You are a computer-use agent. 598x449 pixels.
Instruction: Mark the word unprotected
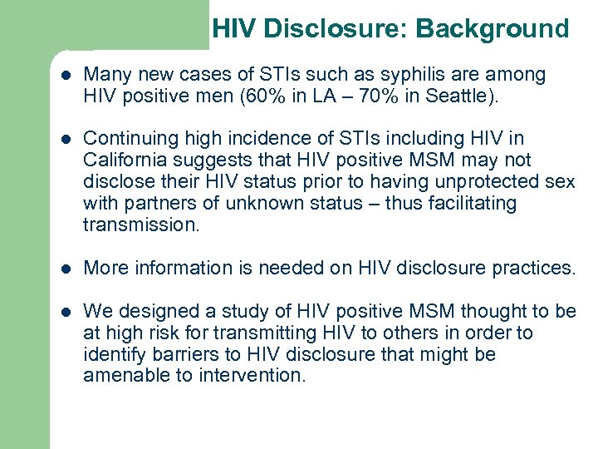482,182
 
